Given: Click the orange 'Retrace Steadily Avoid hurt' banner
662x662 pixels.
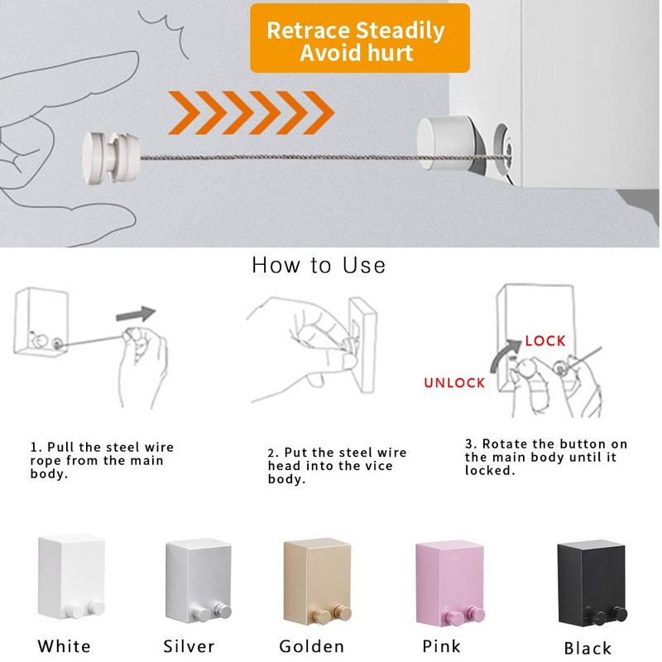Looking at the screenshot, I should point(359,38).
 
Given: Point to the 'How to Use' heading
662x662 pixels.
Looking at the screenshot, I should point(319,266).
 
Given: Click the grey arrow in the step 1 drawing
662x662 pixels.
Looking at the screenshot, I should point(135,314).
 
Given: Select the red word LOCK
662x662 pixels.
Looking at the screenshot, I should point(545,341).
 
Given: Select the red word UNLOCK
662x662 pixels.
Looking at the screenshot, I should point(454,383).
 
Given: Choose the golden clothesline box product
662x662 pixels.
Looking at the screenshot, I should point(317,578).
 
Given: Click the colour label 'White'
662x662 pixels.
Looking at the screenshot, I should point(64,646).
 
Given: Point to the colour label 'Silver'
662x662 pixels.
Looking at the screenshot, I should point(189,646).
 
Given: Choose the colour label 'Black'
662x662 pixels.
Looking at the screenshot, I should point(588,648).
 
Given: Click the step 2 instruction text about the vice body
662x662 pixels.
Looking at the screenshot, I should point(337,466).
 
